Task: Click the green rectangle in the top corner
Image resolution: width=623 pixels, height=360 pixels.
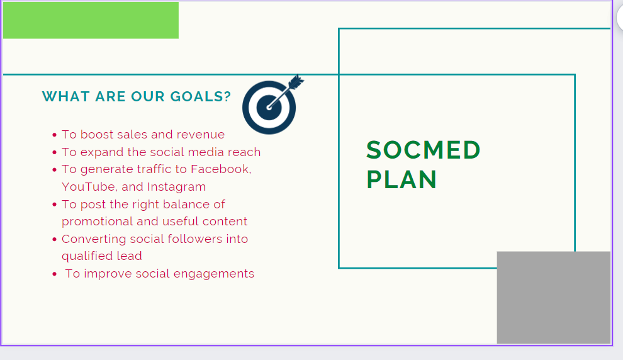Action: click(x=91, y=20)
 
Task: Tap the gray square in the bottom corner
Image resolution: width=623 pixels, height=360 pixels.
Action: click(x=554, y=297)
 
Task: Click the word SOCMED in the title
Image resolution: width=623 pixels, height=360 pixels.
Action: click(x=423, y=150)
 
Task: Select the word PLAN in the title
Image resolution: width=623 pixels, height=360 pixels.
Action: click(x=401, y=179)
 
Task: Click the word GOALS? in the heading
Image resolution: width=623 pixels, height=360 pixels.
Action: click(x=200, y=96)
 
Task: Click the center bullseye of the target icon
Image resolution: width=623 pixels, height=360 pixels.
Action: click(x=269, y=107)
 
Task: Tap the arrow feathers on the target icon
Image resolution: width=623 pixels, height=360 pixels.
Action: click(x=296, y=81)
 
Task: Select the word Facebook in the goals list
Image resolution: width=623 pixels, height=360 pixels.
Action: click(x=220, y=169)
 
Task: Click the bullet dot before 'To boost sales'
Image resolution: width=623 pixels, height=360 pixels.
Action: click(x=54, y=135)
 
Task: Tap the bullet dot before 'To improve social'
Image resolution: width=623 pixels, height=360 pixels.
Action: click(x=54, y=274)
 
